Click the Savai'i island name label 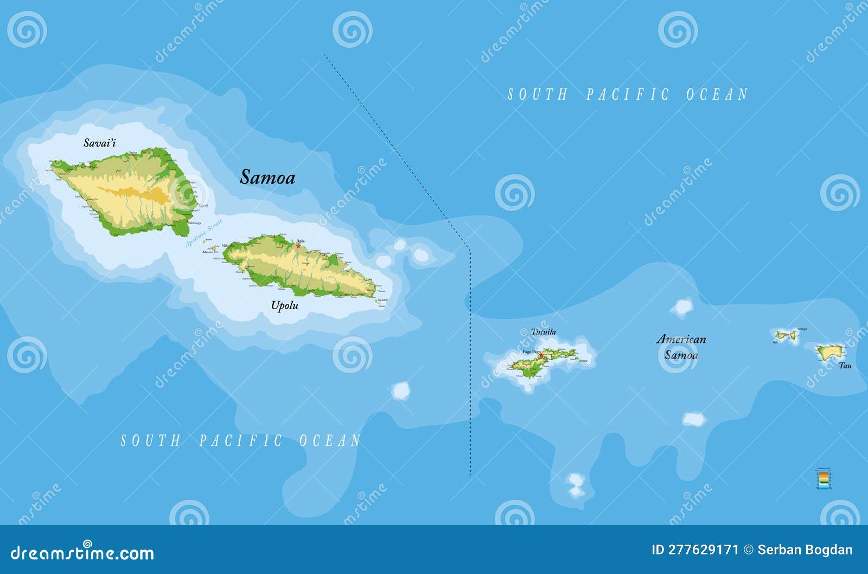coord(99,143)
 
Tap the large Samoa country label coord(267,177)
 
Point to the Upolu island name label coord(285,305)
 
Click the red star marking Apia coord(298,246)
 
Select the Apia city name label coord(300,241)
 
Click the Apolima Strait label coord(203,233)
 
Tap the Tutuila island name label coord(543,331)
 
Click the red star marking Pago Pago coord(541,355)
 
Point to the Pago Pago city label coord(532,352)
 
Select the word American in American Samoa coord(681,340)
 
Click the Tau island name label coord(845,366)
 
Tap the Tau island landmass coord(830,353)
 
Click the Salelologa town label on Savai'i coord(194,223)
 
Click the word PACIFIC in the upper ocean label coord(628,94)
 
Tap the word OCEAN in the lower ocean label coord(330,441)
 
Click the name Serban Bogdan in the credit coord(805,550)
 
